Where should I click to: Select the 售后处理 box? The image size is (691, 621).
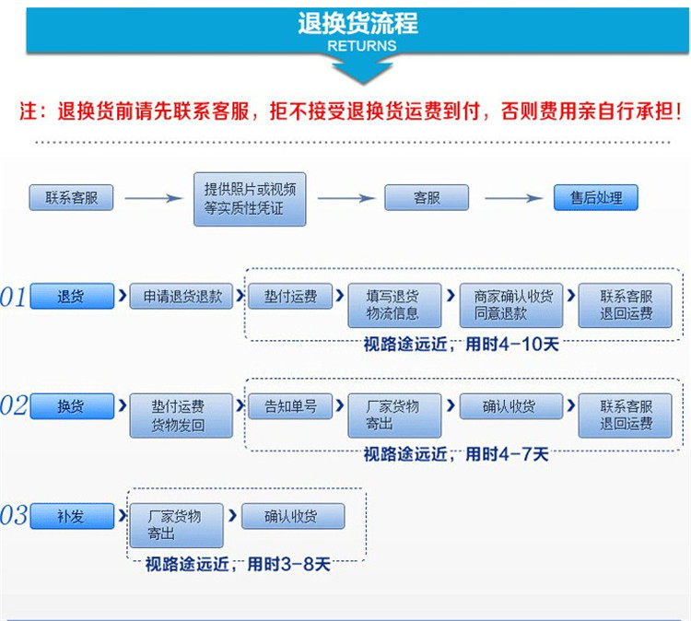point(595,198)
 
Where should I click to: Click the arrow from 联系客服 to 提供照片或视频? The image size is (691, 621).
point(153,198)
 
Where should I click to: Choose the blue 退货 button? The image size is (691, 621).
point(72,297)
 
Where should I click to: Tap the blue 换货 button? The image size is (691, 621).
point(72,406)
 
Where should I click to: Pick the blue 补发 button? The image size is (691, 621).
point(72,516)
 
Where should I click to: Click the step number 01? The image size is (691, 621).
point(14,298)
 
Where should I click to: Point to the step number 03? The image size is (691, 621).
point(14,516)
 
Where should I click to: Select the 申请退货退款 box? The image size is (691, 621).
point(182,297)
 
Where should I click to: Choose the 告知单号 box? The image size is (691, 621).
point(290,406)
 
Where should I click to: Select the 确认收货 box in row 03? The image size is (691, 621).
point(293,516)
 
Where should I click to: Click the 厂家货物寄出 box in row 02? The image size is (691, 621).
point(394,416)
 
